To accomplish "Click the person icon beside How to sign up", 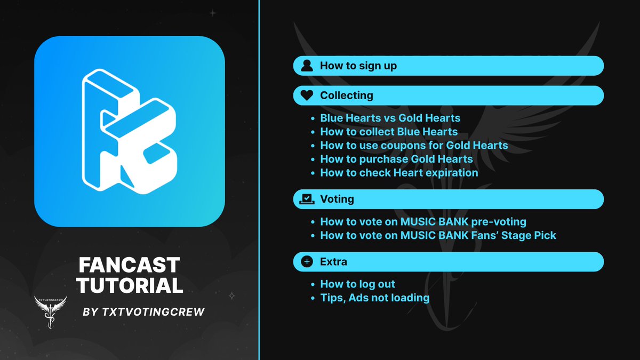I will click(307, 66).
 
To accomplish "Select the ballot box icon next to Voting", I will click(307, 199).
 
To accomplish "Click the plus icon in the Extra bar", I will click(307, 262).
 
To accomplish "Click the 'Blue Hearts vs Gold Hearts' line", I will click(390, 118).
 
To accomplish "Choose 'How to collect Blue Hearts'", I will click(389, 132).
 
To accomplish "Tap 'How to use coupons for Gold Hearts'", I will click(414, 145).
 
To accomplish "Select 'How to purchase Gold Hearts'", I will click(396, 159).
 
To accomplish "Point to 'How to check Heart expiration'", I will click(399, 173).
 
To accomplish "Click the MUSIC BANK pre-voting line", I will click(423, 221).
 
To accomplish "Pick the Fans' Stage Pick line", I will click(438, 235).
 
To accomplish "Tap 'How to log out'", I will click(357, 284).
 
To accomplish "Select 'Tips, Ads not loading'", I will click(374, 298).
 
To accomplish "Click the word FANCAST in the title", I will click(129, 265).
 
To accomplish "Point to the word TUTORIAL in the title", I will click(130, 285).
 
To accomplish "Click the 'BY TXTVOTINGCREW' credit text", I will click(144, 312).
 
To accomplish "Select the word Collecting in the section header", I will click(346, 96).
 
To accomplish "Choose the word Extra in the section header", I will click(333, 262).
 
